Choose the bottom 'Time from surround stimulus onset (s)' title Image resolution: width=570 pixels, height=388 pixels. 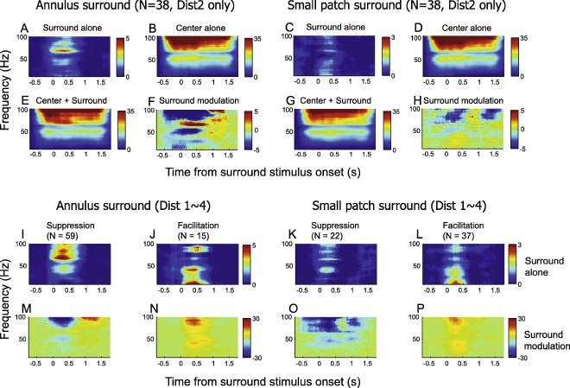[267, 378]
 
